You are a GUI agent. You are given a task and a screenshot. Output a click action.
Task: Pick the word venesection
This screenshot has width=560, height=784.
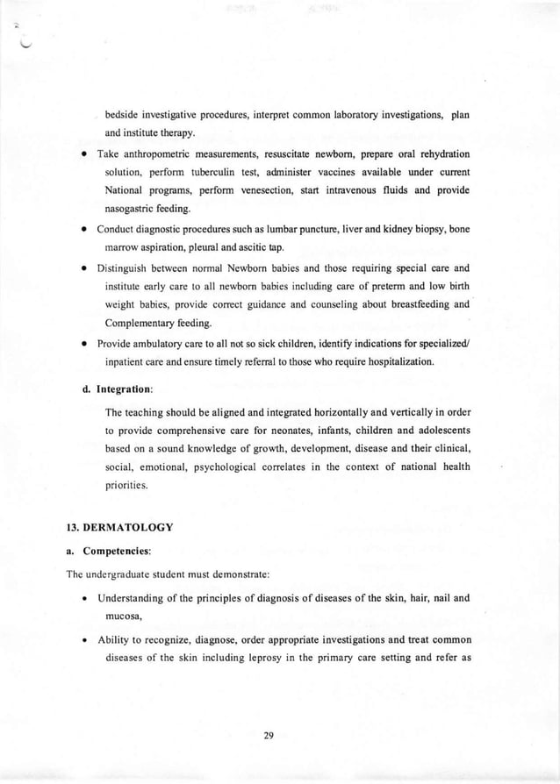[x=276, y=190]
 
